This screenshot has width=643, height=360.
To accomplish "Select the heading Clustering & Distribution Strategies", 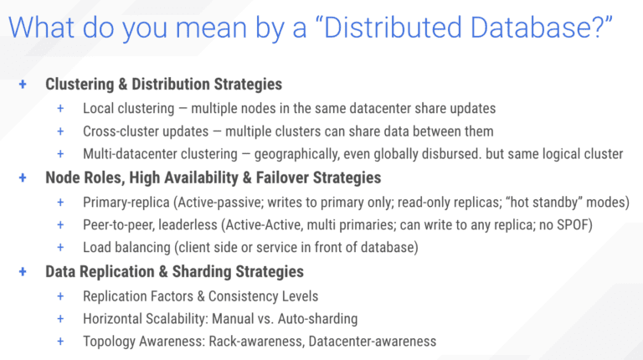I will tap(163, 85).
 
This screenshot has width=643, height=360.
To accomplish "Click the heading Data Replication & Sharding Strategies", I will tap(174, 272).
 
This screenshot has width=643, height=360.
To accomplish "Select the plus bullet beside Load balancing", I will tap(60, 248).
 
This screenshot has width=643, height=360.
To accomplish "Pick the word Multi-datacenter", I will tap(137, 155).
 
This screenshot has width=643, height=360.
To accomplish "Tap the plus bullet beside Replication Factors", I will tap(60, 296).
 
